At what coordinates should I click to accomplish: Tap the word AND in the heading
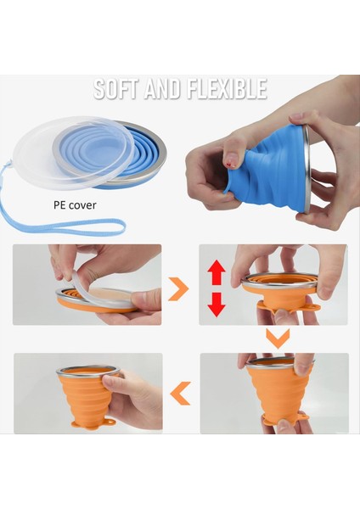[x=163, y=88]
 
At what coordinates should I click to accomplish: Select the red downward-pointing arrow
[x=217, y=302]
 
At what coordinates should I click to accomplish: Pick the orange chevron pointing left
[x=179, y=392]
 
